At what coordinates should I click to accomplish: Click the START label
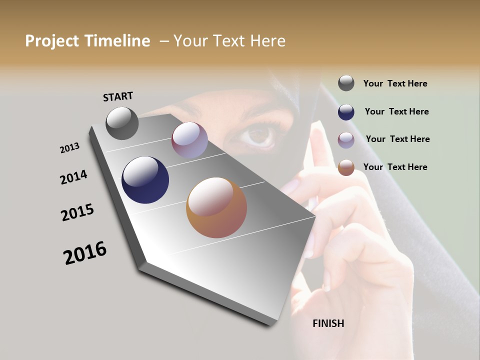pyautogui.click(x=118, y=96)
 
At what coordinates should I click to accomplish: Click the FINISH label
pyautogui.click(x=328, y=323)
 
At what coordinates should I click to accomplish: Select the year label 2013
pyautogui.click(x=69, y=148)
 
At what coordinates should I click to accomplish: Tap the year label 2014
pyautogui.click(x=73, y=177)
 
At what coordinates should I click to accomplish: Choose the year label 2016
pyautogui.click(x=85, y=253)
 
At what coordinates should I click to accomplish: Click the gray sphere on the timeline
pyautogui.click(x=122, y=123)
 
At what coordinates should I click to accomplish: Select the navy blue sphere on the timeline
pyautogui.click(x=145, y=180)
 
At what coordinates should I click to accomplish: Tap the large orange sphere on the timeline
pyautogui.click(x=216, y=207)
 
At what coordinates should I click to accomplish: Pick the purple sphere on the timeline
pyautogui.click(x=189, y=140)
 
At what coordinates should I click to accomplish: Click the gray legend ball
pyautogui.click(x=346, y=83)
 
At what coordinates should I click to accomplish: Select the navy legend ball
pyautogui.click(x=346, y=112)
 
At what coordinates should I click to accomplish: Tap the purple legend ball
pyautogui.click(x=346, y=140)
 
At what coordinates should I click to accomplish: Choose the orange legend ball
pyautogui.click(x=346, y=167)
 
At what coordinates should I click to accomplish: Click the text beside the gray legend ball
pyautogui.click(x=395, y=84)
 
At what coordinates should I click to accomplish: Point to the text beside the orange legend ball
pyautogui.click(x=395, y=167)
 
